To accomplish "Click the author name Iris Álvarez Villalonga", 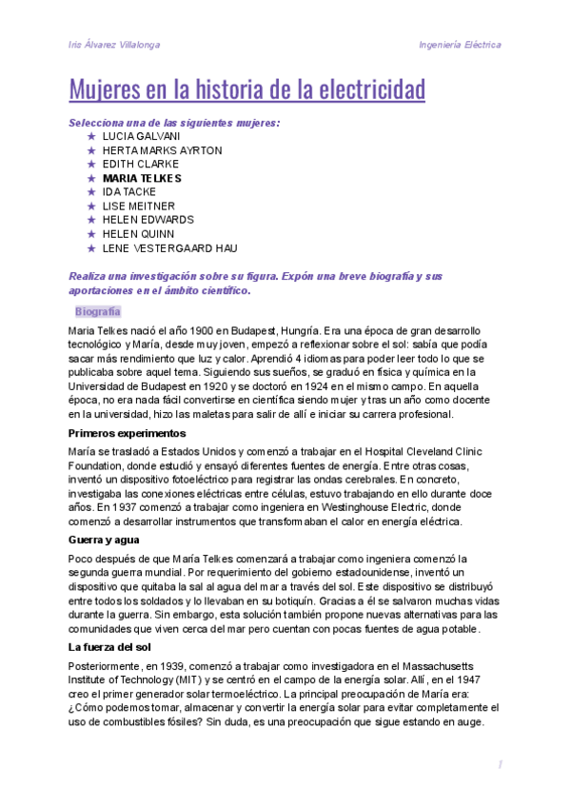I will point(114,45).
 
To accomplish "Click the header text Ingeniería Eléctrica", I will point(460,45).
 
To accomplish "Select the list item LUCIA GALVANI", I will point(140,136).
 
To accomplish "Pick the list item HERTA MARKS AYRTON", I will point(162,150).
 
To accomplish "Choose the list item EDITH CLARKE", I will point(140,164).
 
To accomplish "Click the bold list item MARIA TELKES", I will point(142,178).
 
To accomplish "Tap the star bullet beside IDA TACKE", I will point(90,192).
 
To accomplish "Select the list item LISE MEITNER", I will point(138,206).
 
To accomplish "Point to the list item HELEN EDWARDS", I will point(148,220).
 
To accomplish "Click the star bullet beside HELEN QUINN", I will point(90,234).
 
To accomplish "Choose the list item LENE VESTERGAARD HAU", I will point(169,248).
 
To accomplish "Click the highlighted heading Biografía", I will point(97,311).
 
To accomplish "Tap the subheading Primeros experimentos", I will point(127,433).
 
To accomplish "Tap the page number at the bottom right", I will point(499,765).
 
